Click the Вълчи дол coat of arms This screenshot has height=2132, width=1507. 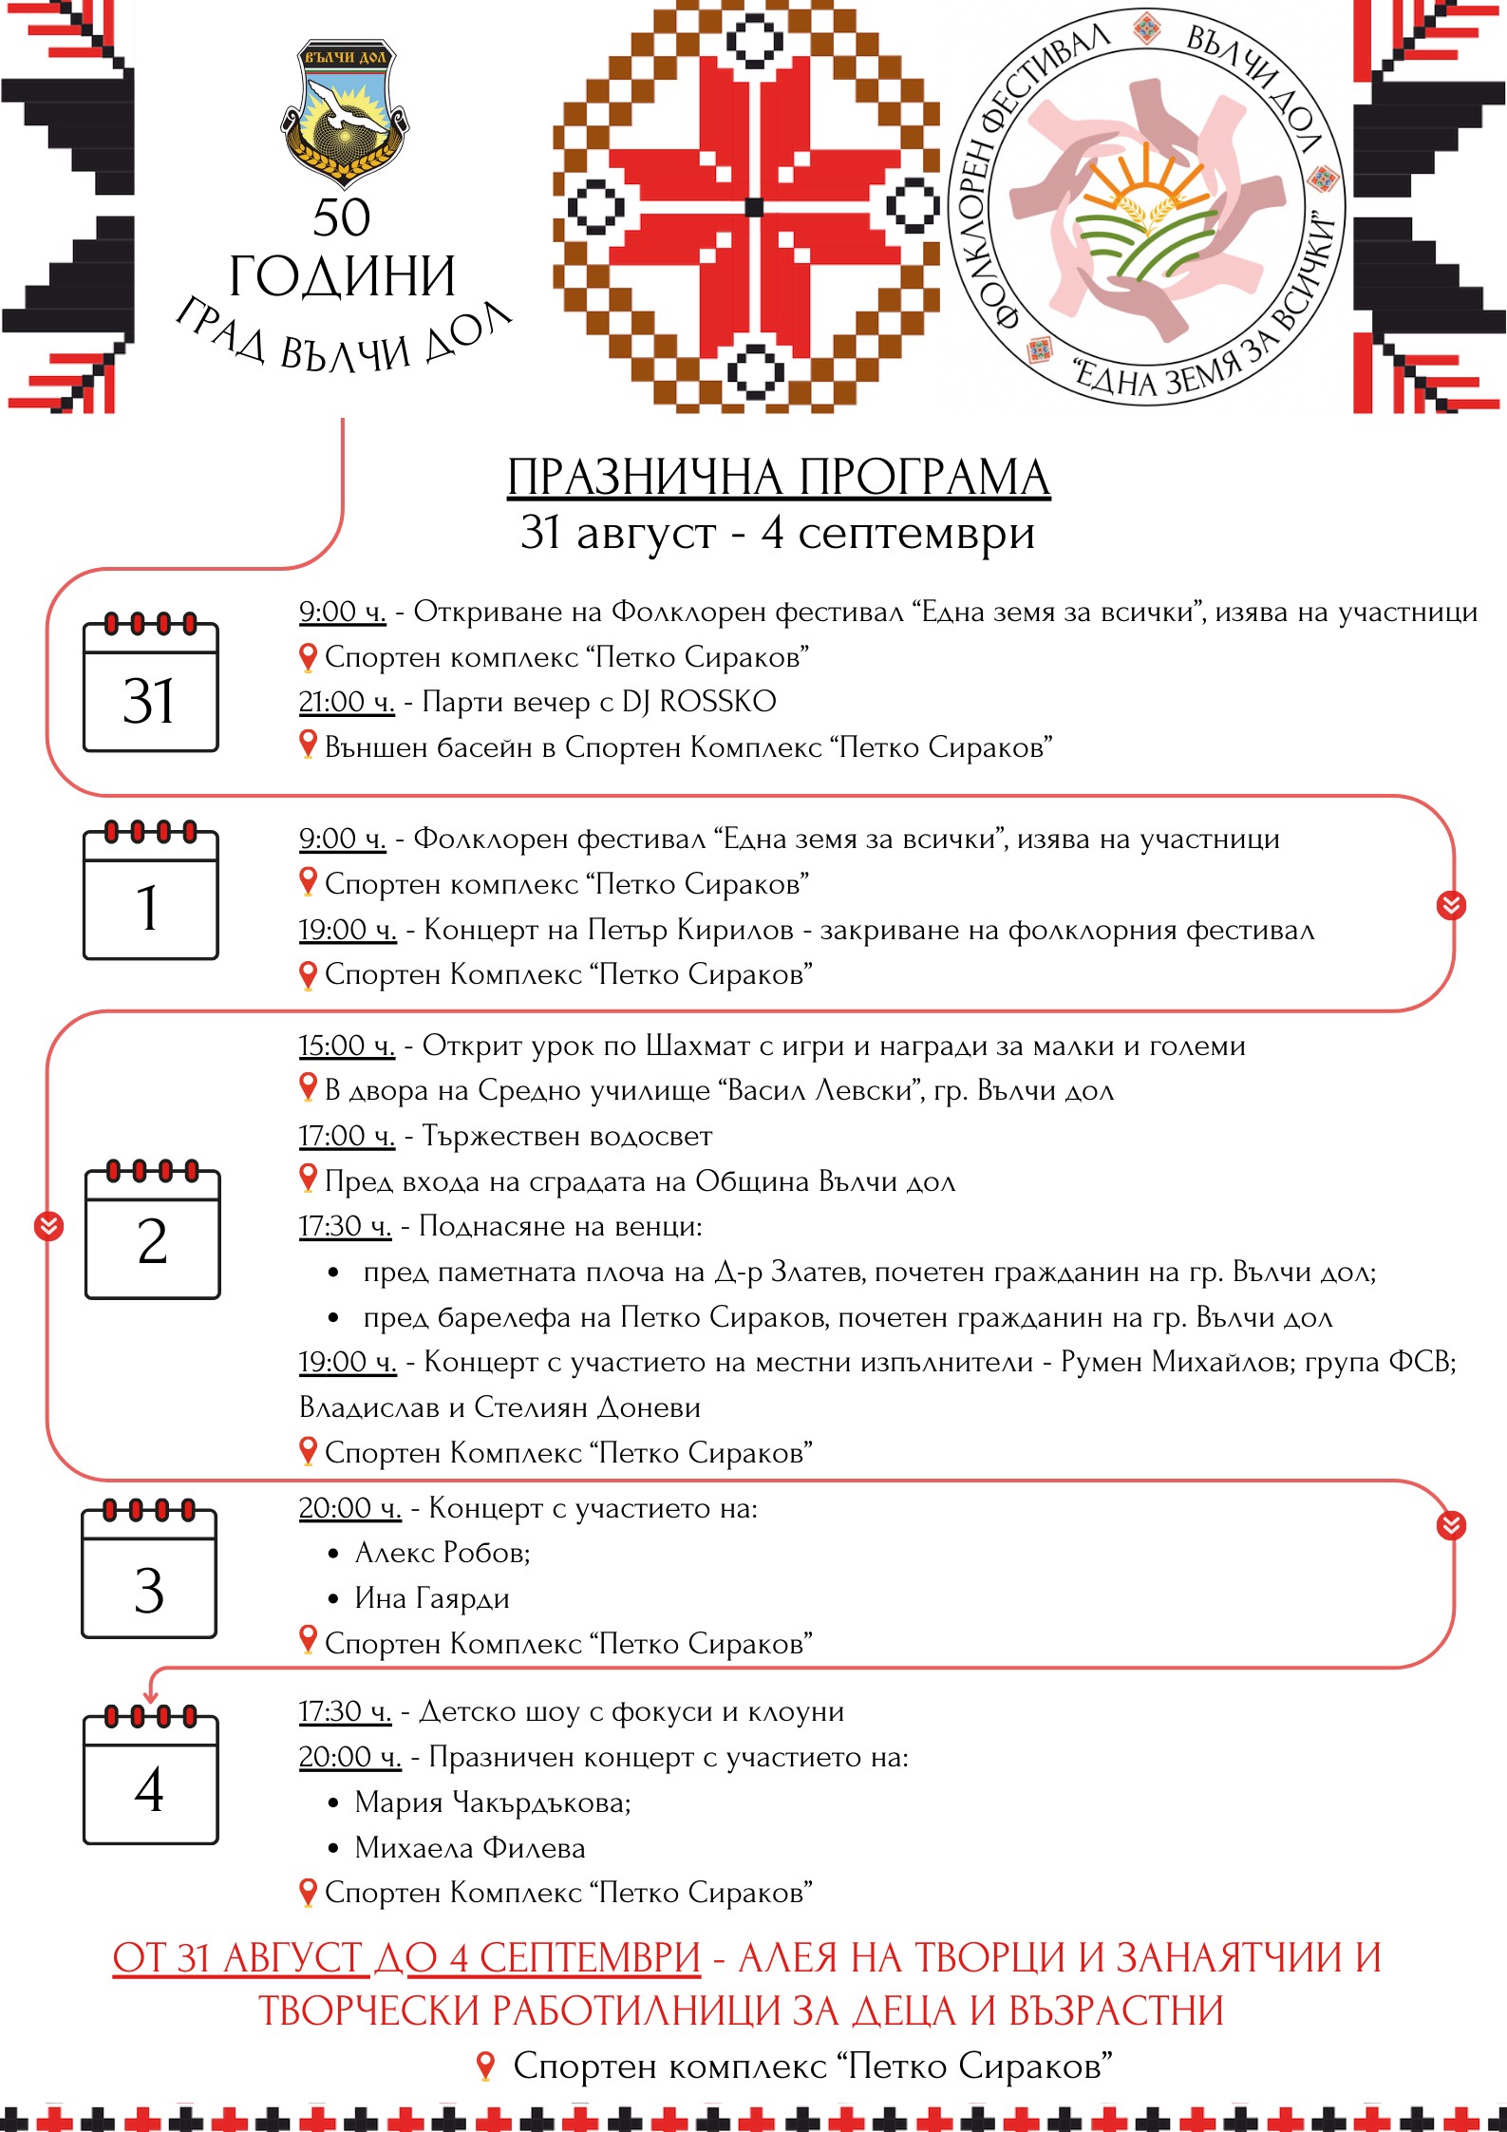point(345,112)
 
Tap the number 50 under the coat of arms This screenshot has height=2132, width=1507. point(342,217)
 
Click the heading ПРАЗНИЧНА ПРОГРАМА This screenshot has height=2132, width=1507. point(778,477)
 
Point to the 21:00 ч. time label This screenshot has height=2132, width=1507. point(347,702)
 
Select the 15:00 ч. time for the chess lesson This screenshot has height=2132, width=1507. point(347,1046)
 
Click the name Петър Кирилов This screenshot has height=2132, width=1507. point(690,929)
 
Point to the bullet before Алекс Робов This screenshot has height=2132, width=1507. point(333,1555)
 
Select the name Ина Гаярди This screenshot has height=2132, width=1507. point(432,1598)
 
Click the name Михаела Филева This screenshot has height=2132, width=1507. point(470,1848)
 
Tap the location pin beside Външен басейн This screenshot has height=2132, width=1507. point(308,745)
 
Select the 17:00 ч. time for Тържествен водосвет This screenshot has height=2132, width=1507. point(347,1136)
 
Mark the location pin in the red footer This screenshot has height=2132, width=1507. point(485,2066)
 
